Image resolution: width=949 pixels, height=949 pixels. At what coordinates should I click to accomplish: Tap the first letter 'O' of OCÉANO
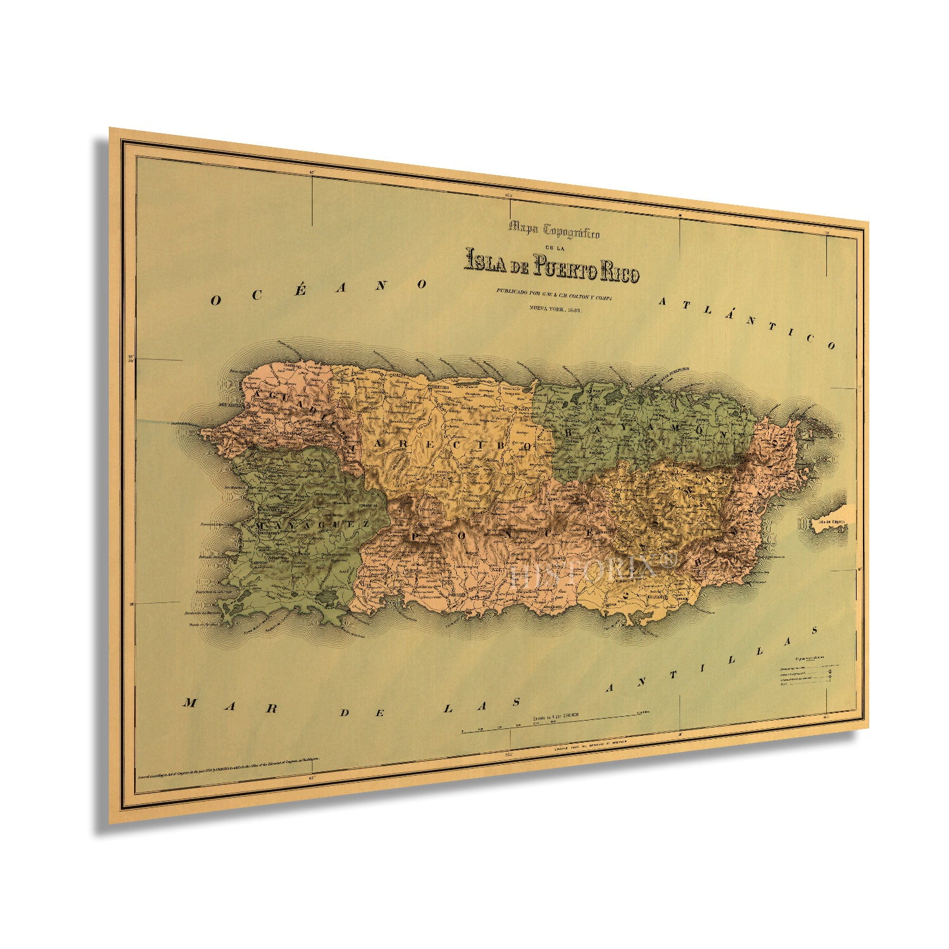point(215,301)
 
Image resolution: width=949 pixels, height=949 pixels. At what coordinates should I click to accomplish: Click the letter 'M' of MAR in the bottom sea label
point(189,704)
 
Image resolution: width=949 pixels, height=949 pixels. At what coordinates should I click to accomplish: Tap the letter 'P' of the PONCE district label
point(417,537)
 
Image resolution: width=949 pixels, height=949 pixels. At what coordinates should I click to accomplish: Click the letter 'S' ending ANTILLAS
point(816,630)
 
